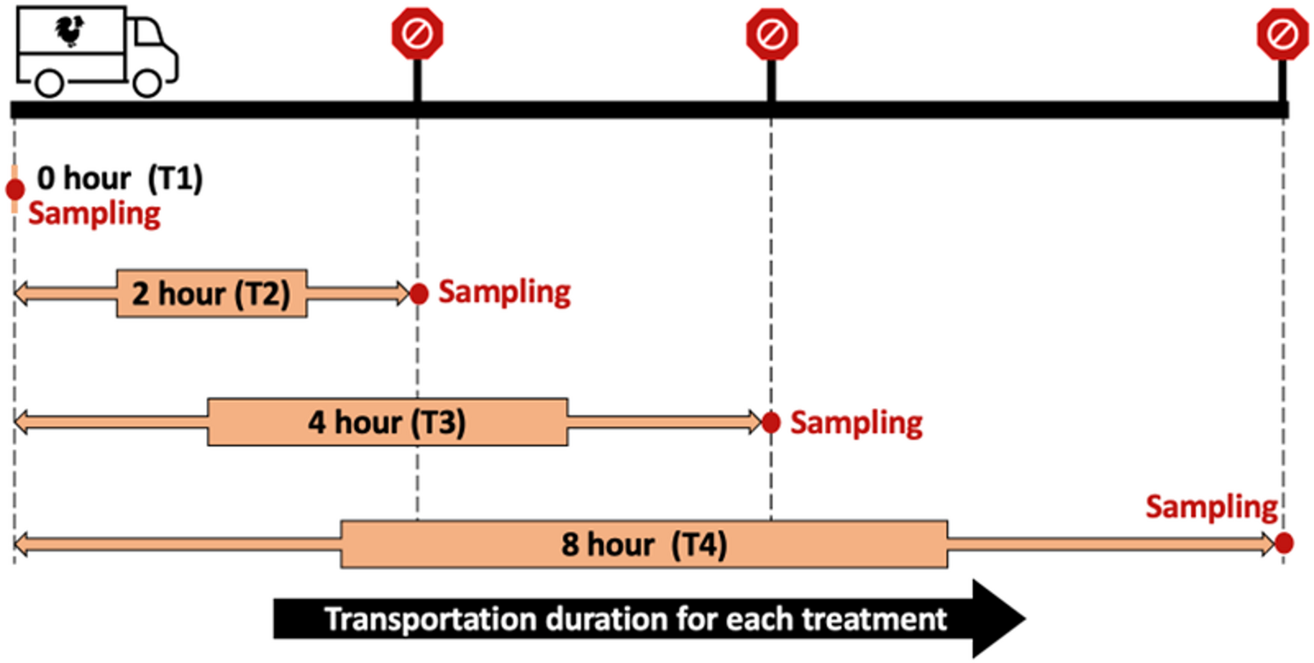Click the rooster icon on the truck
71,31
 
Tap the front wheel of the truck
148,83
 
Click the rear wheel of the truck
50,83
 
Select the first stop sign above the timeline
417,34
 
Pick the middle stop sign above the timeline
772,34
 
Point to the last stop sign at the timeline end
1283,34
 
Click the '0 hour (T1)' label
120,178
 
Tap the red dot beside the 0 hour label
15,190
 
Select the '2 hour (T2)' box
212,293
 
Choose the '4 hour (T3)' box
387,423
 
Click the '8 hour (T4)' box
644,544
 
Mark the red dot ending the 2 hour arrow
419,293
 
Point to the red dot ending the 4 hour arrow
771,423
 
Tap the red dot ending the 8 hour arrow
1284,542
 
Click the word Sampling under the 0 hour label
94,214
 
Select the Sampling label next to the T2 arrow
504,292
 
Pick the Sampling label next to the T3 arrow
856,423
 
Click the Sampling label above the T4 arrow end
1211,507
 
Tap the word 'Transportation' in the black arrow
430,619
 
